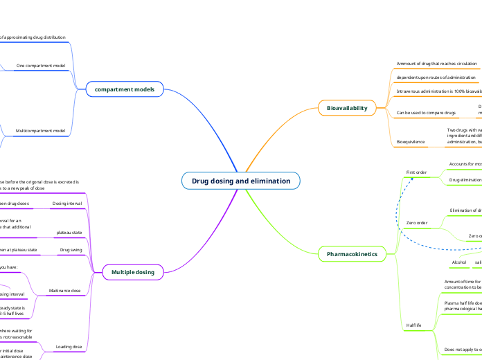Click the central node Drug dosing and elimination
tap(241, 181)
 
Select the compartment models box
tap(125, 89)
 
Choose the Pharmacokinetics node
tap(352, 255)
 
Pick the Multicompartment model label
tap(41, 130)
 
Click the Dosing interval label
tap(67, 204)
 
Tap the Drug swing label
tap(71, 249)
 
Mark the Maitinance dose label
tap(66, 291)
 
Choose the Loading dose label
tap(69, 346)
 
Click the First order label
tap(416, 172)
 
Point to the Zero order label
tap(417, 223)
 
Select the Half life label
tap(414, 325)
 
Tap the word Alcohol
tap(459, 263)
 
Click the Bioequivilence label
tap(411, 141)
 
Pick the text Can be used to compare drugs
tap(426, 112)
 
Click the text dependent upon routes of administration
tap(436, 78)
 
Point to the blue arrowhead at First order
tap(411, 178)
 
